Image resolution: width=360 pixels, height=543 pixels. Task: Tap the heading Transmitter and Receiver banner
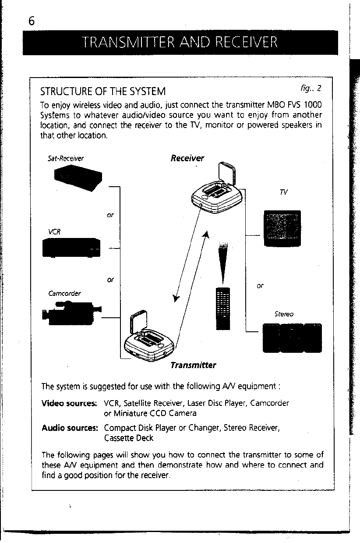pos(180,43)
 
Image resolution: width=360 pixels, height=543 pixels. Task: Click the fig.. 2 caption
pos(311,88)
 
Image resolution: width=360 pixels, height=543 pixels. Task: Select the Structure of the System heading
pos(103,92)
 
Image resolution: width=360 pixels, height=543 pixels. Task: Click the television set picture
pos(282,229)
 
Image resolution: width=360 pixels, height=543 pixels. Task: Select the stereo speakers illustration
pos(292,337)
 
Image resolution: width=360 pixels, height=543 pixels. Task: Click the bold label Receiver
pos(187,158)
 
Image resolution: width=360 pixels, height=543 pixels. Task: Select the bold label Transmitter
pos(193,365)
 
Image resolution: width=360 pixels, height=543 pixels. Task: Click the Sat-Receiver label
pos(65,159)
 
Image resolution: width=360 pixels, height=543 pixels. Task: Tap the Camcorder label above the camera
pos(64,293)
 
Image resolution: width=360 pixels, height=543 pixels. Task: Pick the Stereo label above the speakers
pos(284,314)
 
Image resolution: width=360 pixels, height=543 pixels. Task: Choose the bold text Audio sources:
pos(69,428)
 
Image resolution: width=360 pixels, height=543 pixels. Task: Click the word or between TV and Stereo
pos(260,286)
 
